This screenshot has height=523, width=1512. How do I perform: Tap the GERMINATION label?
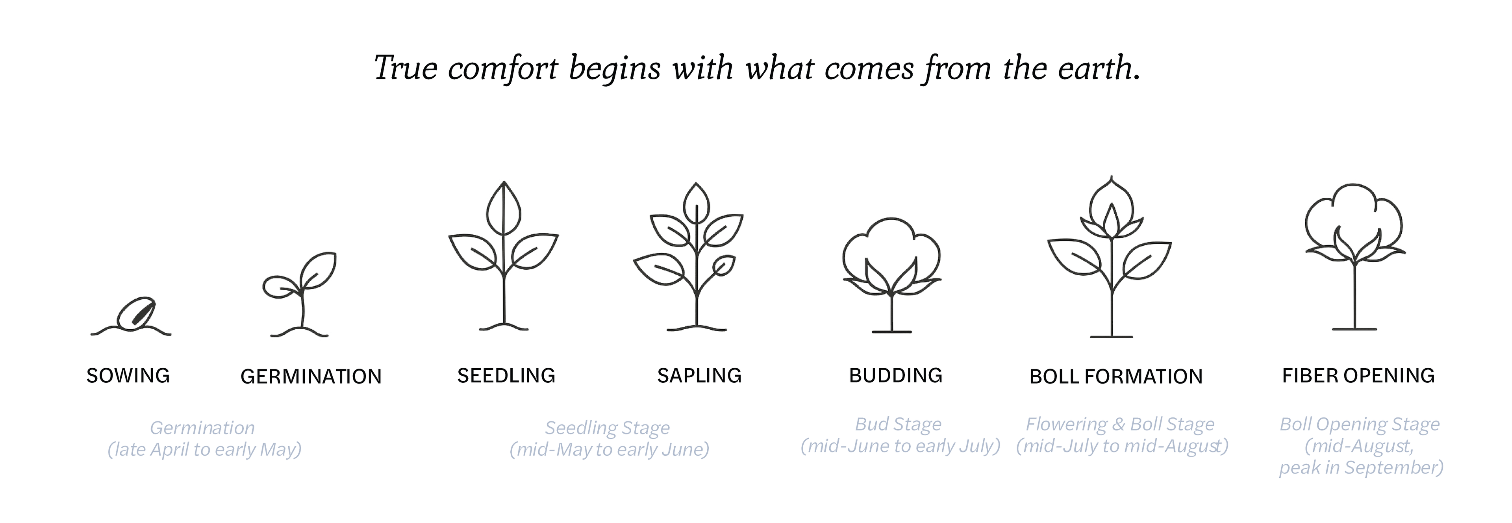click(311, 376)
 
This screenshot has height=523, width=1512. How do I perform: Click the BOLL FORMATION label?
click(1116, 376)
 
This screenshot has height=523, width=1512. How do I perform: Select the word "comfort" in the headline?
click(502, 69)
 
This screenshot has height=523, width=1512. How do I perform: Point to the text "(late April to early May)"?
click(204, 450)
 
